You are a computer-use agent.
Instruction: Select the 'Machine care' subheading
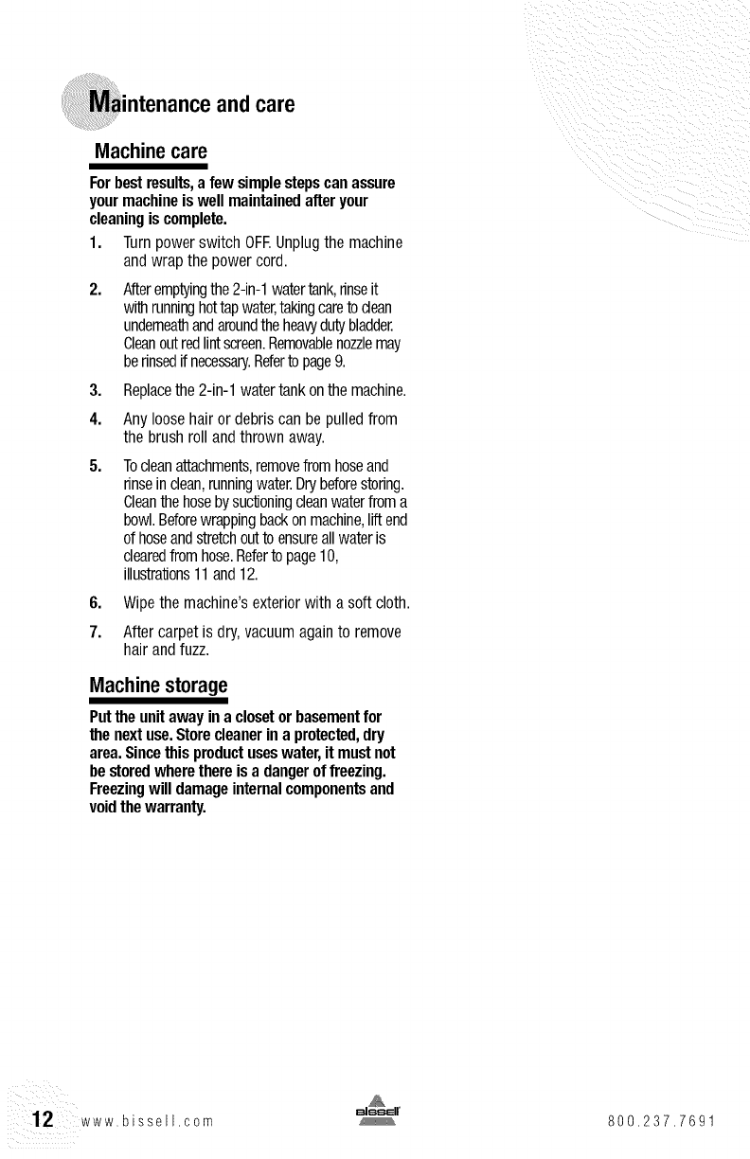click(x=149, y=152)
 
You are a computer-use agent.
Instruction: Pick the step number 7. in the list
click(x=96, y=631)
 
